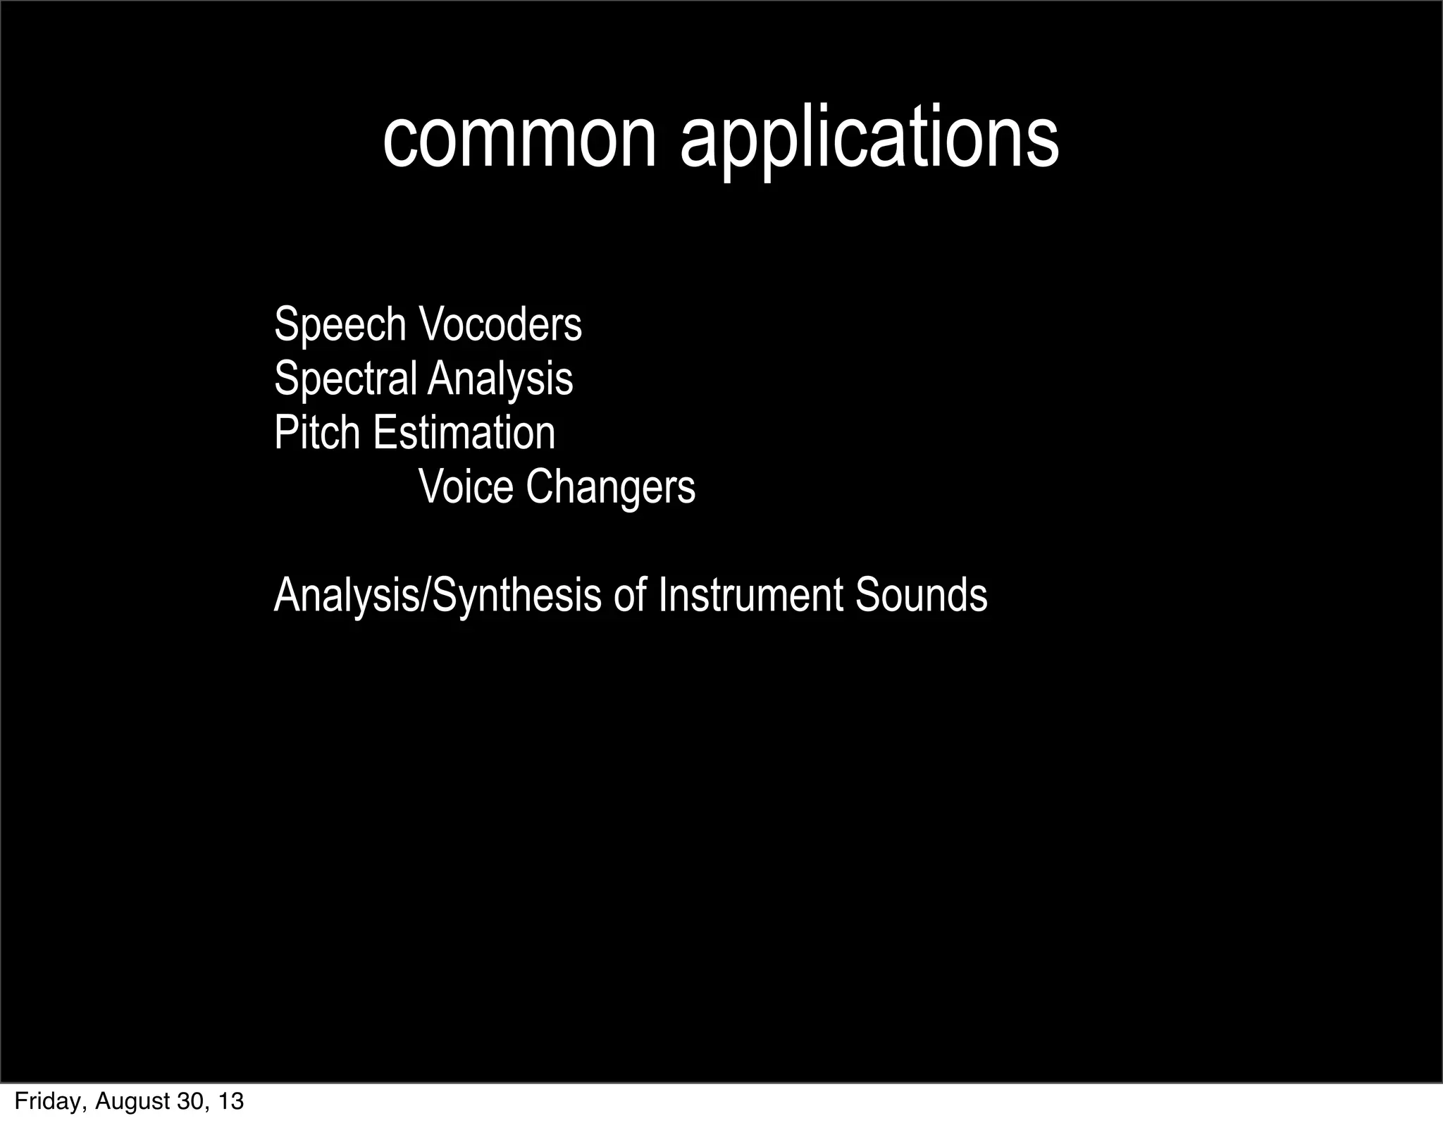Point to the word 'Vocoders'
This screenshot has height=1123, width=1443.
500,325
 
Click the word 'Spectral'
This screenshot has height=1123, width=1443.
345,379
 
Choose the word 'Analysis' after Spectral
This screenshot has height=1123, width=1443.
500,379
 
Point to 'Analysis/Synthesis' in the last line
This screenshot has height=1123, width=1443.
438,595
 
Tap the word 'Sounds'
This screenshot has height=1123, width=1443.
922,595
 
